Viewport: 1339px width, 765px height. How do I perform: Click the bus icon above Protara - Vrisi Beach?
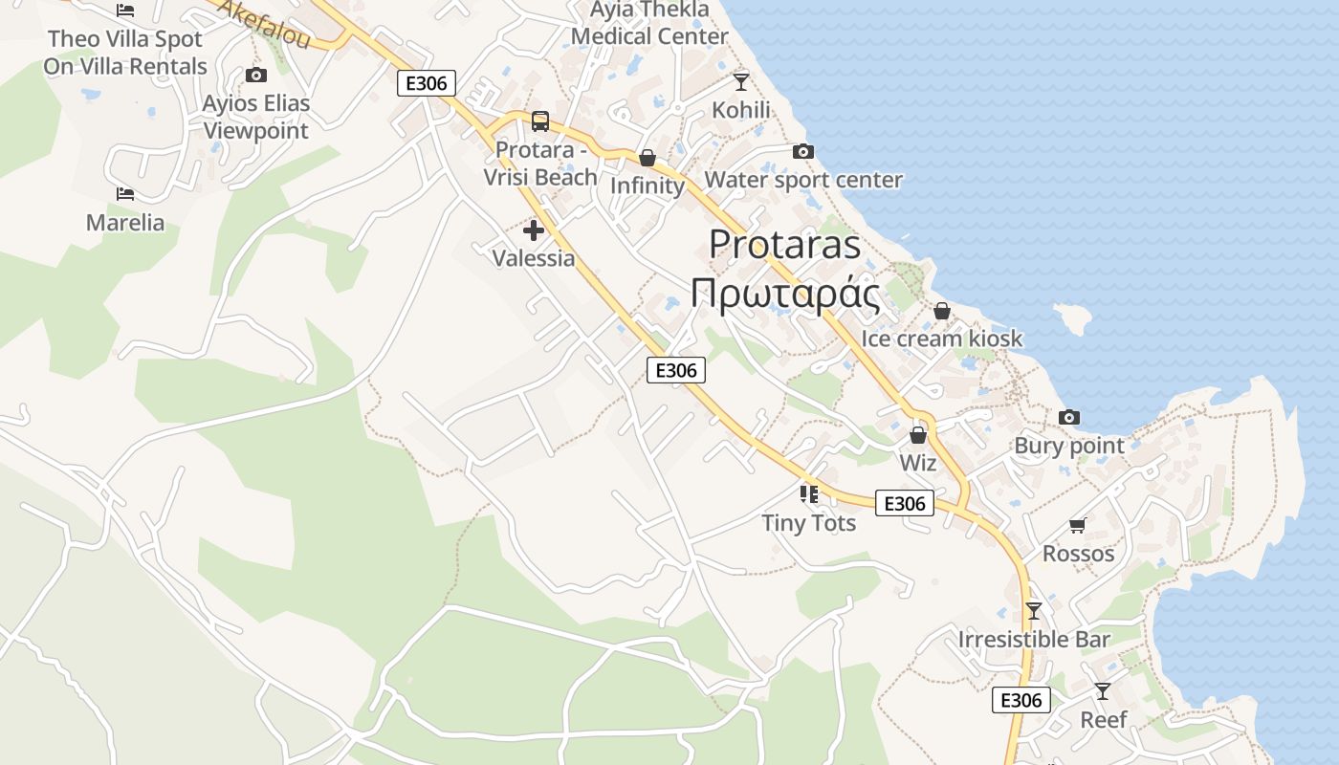click(540, 121)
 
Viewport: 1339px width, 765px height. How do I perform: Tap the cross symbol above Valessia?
click(534, 230)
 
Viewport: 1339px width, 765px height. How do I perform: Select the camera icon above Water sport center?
click(803, 152)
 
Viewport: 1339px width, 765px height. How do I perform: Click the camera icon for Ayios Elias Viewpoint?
click(255, 76)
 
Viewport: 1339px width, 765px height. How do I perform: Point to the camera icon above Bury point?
click(1069, 418)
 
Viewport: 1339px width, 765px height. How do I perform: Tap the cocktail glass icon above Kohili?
click(741, 82)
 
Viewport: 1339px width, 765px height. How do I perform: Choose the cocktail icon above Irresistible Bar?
click(1033, 611)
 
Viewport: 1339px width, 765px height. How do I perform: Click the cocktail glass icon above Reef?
click(1103, 691)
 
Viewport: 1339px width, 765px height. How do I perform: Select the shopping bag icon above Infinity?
click(648, 158)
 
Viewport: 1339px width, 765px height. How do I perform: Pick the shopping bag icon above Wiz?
click(918, 435)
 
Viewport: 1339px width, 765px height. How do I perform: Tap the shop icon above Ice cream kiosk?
click(941, 312)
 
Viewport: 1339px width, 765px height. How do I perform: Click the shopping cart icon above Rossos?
click(1078, 525)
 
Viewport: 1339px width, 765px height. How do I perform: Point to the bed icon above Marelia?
click(125, 194)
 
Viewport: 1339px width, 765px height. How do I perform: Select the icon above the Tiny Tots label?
click(809, 494)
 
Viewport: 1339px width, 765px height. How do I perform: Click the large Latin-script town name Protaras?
click(784, 245)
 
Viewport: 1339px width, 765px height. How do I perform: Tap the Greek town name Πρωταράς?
click(784, 295)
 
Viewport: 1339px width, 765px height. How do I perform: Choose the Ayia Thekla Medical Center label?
click(650, 24)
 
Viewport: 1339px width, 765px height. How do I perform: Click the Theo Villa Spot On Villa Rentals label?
click(125, 53)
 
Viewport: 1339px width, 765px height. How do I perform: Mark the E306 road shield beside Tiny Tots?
click(904, 503)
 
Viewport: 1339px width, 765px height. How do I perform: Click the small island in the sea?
click(1074, 317)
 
